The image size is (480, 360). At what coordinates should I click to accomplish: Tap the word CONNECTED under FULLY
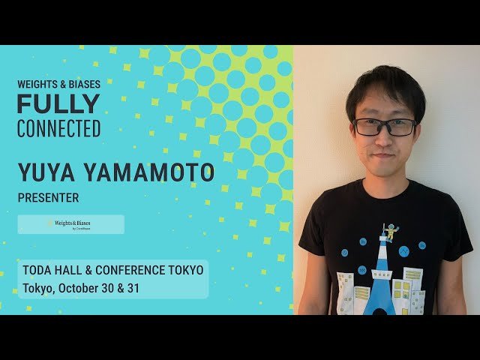click(x=58, y=128)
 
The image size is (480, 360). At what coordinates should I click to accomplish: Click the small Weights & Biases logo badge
click(x=71, y=224)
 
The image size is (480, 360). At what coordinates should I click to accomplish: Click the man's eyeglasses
click(x=385, y=127)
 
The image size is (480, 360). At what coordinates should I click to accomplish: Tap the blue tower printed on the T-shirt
click(x=382, y=277)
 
